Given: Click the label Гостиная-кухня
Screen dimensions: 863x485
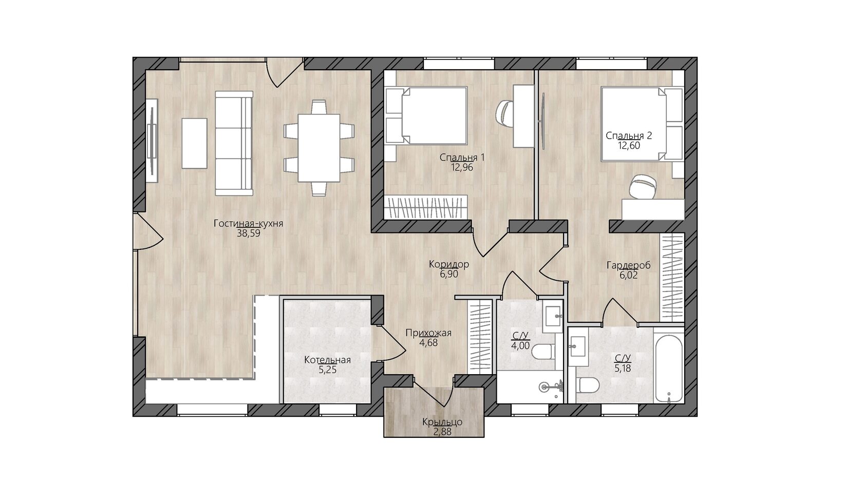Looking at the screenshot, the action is pyautogui.click(x=248, y=224).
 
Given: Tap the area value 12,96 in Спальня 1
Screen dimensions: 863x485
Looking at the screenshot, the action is pyautogui.click(x=462, y=167).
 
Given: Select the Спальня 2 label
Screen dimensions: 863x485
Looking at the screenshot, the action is pyautogui.click(x=629, y=135).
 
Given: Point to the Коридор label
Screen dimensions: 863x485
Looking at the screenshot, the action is pyautogui.click(x=449, y=264).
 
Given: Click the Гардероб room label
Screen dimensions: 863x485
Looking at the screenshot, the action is pyautogui.click(x=628, y=266).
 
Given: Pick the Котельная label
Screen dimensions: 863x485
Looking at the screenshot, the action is pyautogui.click(x=328, y=360).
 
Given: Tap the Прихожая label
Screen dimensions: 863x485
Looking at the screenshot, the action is pyautogui.click(x=428, y=333).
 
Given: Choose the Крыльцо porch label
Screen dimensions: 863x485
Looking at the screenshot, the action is pyautogui.click(x=442, y=422).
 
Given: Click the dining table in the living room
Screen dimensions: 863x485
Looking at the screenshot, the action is pyautogui.click(x=319, y=148).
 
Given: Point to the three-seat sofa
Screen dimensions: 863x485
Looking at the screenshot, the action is pyautogui.click(x=234, y=143).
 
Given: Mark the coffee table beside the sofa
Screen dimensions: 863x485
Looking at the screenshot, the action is pyautogui.click(x=195, y=143).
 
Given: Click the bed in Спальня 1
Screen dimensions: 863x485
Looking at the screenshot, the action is pyautogui.click(x=426, y=115).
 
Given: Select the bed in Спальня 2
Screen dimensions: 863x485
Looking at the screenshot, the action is pyautogui.click(x=642, y=124).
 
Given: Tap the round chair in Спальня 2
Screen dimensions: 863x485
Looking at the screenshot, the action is pyautogui.click(x=643, y=187).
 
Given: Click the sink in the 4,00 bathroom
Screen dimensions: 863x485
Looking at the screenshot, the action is pyautogui.click(x=553, y=317).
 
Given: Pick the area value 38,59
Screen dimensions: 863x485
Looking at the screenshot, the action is pyautogui.click(x=249, y=233).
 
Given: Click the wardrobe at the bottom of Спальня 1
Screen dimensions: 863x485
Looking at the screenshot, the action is pyautogui.click(x=426, y=207).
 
